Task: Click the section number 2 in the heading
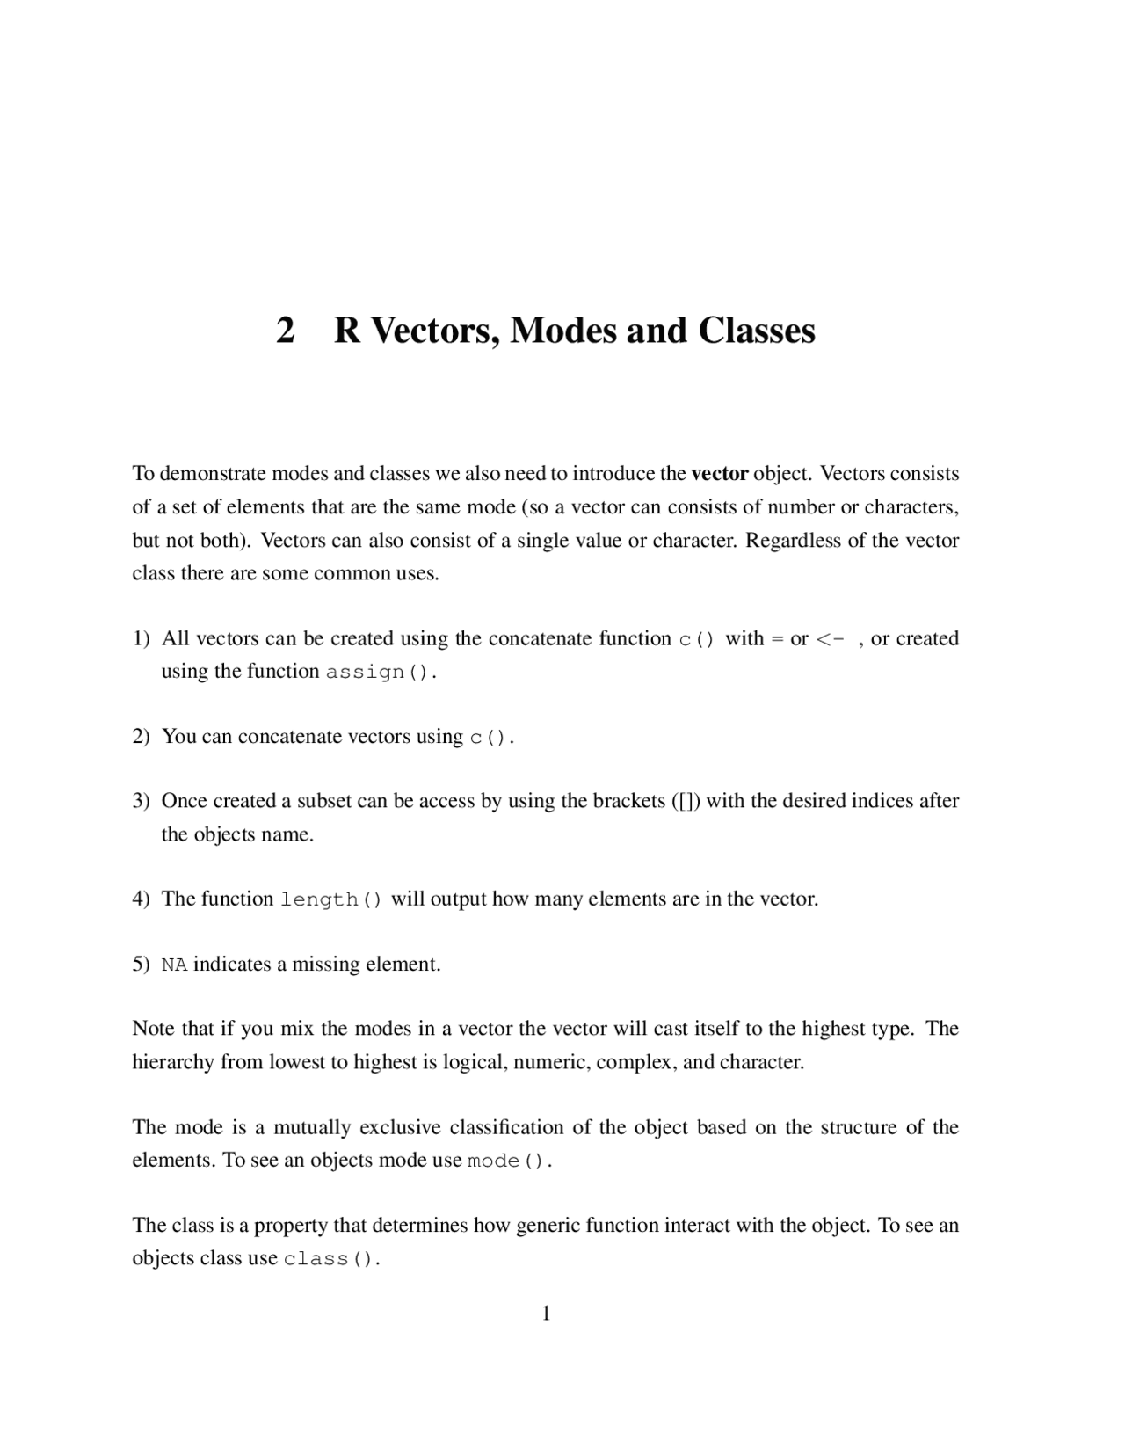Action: [286, 331]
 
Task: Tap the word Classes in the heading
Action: [757, 331]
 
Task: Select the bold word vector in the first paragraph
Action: [719, 474]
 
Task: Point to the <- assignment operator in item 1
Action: [831, 639]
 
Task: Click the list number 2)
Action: [142, 737]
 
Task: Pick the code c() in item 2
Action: [488, 738]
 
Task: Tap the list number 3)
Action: [142, 801]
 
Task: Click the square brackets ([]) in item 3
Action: [686, 801]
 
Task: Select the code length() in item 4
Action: [331, 900]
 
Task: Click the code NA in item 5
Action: [174, 965]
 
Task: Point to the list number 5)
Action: [142, 965]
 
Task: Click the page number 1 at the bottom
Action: [546, 1314]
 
